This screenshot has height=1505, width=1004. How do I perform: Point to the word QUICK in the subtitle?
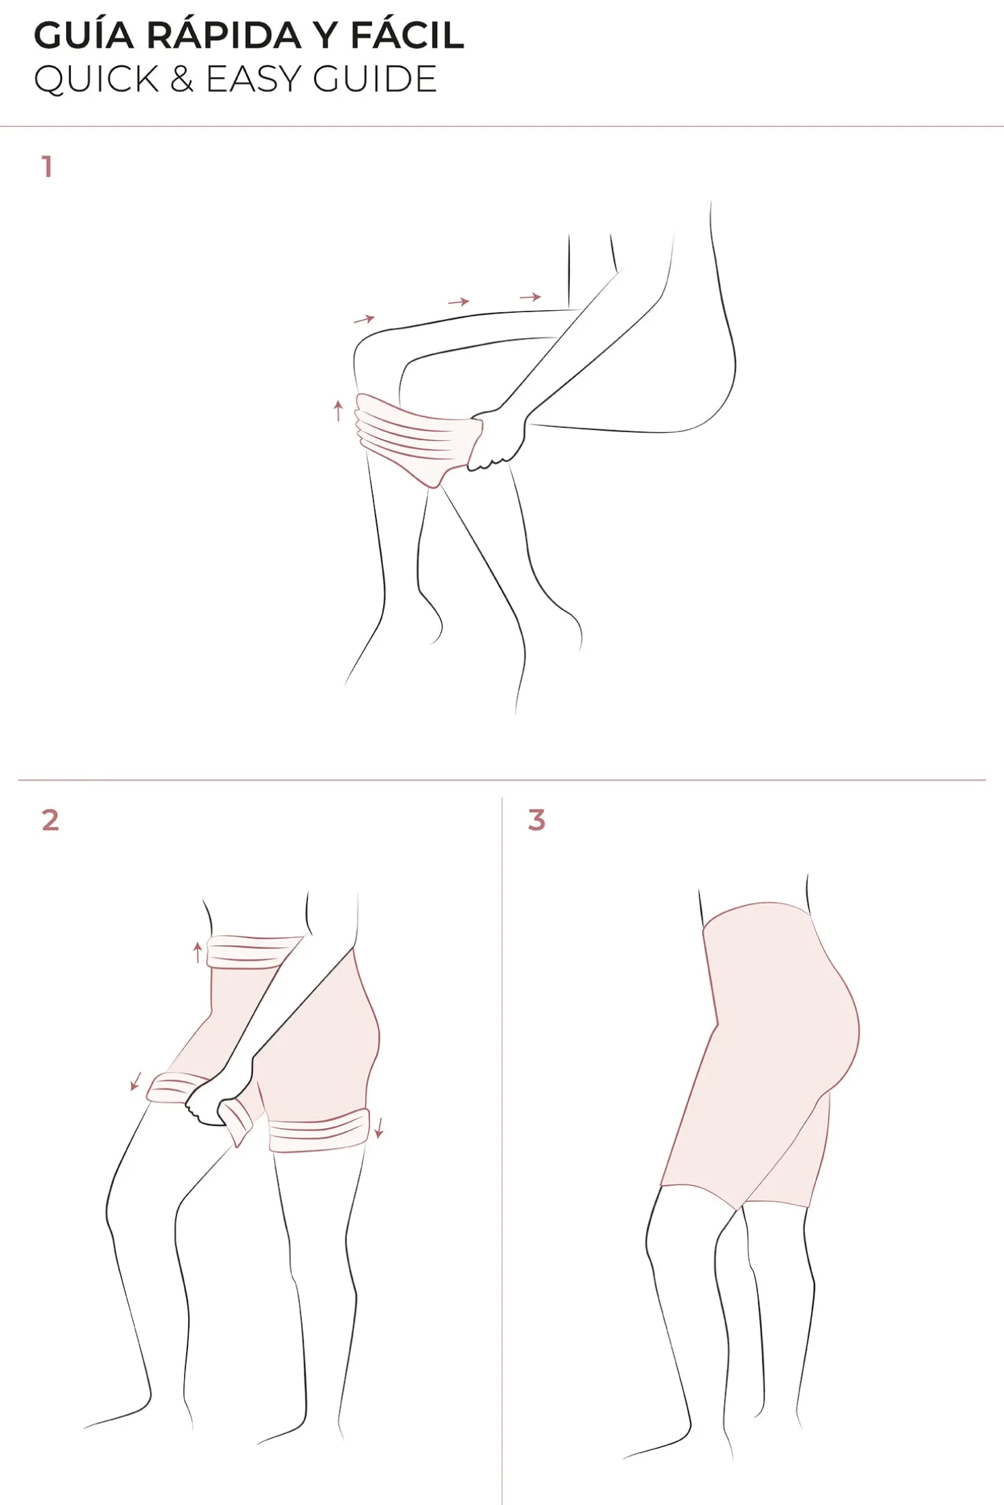click(97, 79)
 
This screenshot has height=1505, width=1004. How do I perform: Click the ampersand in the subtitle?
click(182, 79)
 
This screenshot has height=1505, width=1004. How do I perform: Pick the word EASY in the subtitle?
click(254, 79)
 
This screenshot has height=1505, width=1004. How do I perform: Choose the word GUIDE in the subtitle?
click(375, 79)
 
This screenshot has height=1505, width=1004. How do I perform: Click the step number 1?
click(47, 166)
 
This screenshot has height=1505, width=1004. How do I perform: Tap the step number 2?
click(50, 820)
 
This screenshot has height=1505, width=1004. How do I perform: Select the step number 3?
click(537, 820)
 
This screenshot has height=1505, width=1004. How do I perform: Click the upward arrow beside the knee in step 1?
click(338, 411)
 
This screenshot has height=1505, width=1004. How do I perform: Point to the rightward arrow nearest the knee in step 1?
click(365, 318)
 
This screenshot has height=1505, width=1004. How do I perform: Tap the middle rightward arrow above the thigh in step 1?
click(459, 301)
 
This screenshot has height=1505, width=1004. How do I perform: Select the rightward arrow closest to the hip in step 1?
click(530, 297)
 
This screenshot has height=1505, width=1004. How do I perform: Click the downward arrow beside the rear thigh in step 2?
click(380, 1127)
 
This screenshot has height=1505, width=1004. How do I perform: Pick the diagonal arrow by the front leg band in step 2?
click(136, 1081)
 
